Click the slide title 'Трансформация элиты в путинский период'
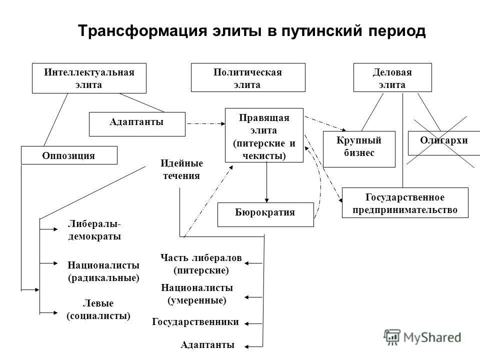251,31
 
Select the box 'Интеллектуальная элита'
89,78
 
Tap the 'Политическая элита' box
248,77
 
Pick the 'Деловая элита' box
392,77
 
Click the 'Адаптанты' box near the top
136,124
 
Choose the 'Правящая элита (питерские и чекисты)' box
264,135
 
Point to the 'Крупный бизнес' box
358,148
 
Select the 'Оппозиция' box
68,155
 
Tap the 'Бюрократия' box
265,214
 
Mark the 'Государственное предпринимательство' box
405,202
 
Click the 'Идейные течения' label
181,169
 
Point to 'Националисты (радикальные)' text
103,271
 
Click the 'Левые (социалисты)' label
98,309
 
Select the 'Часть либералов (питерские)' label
201,264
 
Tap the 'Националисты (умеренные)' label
196,294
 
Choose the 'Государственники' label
195,322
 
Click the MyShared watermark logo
422,337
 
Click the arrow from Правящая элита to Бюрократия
266,182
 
